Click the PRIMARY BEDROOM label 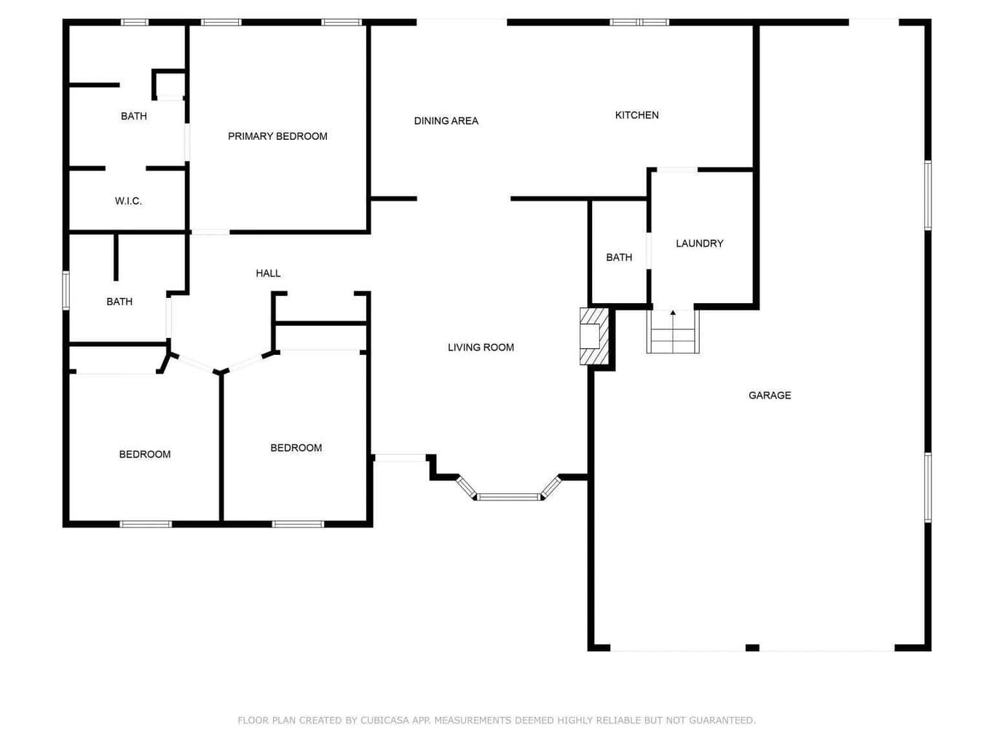point(277,136)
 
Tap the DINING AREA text point(446,120)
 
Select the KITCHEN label point(636,115)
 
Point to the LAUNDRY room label point(699,243)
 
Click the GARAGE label point(770,395)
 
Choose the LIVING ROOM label point(481,347)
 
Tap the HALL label point(268,273)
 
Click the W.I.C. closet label point(128,200)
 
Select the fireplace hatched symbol point(594,336)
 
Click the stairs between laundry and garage point(672,331)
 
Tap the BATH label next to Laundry point(618,257)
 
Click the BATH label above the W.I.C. point(133,116)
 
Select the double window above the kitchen point(639,22)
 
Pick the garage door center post point(752,648)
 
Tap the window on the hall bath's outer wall point(66,291)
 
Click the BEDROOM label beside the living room point(296,447)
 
